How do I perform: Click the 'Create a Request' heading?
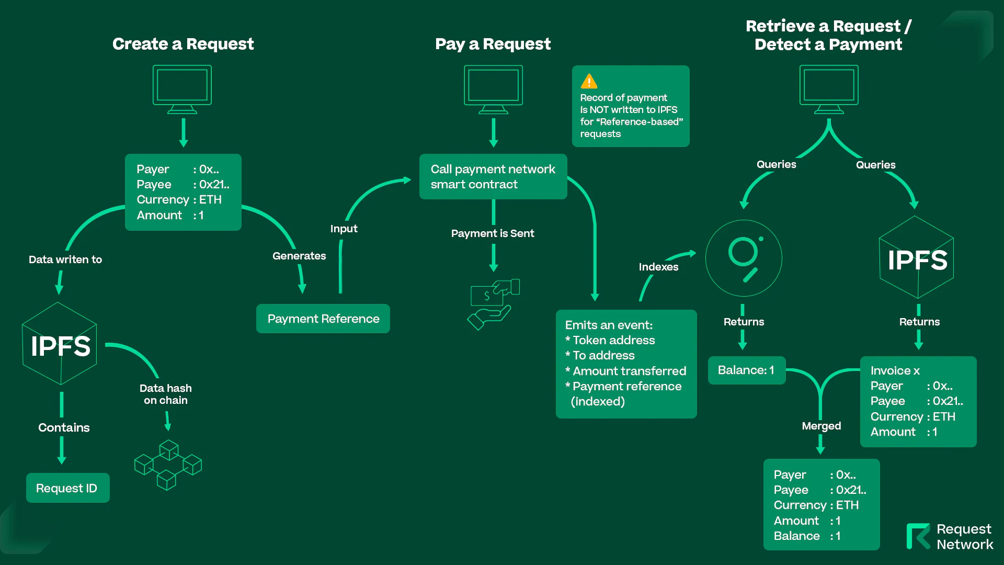coord(183,44)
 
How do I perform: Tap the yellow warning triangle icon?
coord(589,82)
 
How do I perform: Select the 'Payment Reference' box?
coord(323,319)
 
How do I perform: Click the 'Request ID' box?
coord(67,488)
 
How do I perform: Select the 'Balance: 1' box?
coord(746,370)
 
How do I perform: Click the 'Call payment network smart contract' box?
coord(493,177)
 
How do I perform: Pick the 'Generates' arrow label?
coord(299,256)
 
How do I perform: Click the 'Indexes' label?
coord(658,267)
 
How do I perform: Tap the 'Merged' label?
coord(821,426)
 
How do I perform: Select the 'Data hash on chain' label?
coord(165,394)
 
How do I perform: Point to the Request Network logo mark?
coord(918,536)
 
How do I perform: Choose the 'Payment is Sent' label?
coord(493,233)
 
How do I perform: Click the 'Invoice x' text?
coord(895,371)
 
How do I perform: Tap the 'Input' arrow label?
coord(344,229)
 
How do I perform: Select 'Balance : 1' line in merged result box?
coord(807,536)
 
